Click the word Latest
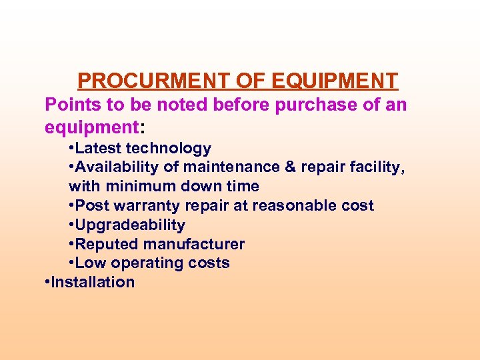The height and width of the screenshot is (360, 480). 99,149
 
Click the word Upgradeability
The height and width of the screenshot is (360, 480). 130,225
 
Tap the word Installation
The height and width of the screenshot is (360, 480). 93,282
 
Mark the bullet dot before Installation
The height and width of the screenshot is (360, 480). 47,282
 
